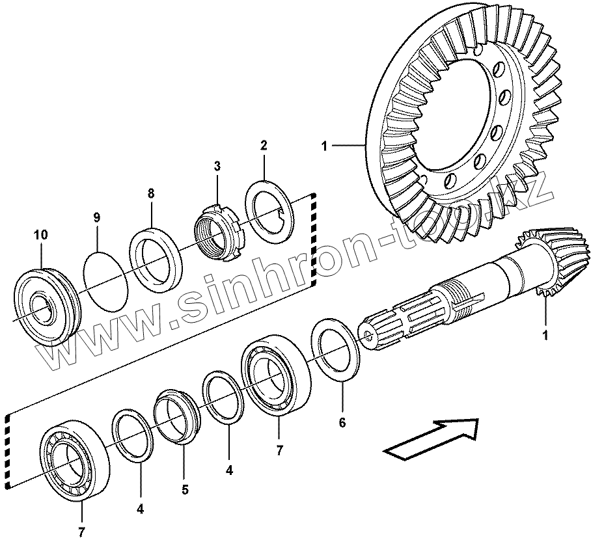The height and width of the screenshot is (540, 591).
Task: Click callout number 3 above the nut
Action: [x=217, y=167]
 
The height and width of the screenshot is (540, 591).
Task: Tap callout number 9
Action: [x=96, y=217]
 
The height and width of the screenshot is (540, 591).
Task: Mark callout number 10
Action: [x=41, y=234]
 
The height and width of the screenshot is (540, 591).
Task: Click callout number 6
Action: [x=342, y=424]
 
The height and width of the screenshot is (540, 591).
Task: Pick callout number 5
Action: [x=185, y=489]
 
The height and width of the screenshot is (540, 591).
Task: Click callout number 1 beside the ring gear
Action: [x=324, y=146]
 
